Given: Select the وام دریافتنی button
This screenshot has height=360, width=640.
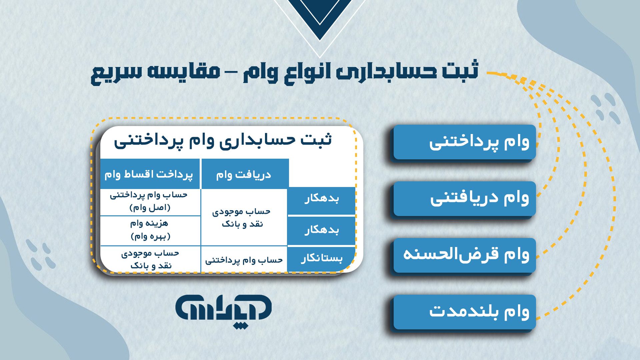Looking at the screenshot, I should pos(464,199).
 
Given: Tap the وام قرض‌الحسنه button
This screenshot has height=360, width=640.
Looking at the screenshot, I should pos(464,255).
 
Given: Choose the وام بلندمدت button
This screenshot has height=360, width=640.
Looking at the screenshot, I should pos(464,312).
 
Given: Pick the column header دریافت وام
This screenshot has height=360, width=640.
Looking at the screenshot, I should pos(244,174).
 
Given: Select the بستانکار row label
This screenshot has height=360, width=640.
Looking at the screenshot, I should pos(321,259).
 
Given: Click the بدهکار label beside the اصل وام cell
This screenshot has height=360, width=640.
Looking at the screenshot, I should pos(321,199).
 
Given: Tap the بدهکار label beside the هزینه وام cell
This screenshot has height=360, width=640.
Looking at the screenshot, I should pos(321,230).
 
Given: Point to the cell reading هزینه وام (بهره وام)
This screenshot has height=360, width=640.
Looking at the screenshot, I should pos(150,230).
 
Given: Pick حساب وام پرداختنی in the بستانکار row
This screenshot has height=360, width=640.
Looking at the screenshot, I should pos(244,260).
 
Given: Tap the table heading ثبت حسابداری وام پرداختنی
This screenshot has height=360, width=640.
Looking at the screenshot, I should pos(223,140).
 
